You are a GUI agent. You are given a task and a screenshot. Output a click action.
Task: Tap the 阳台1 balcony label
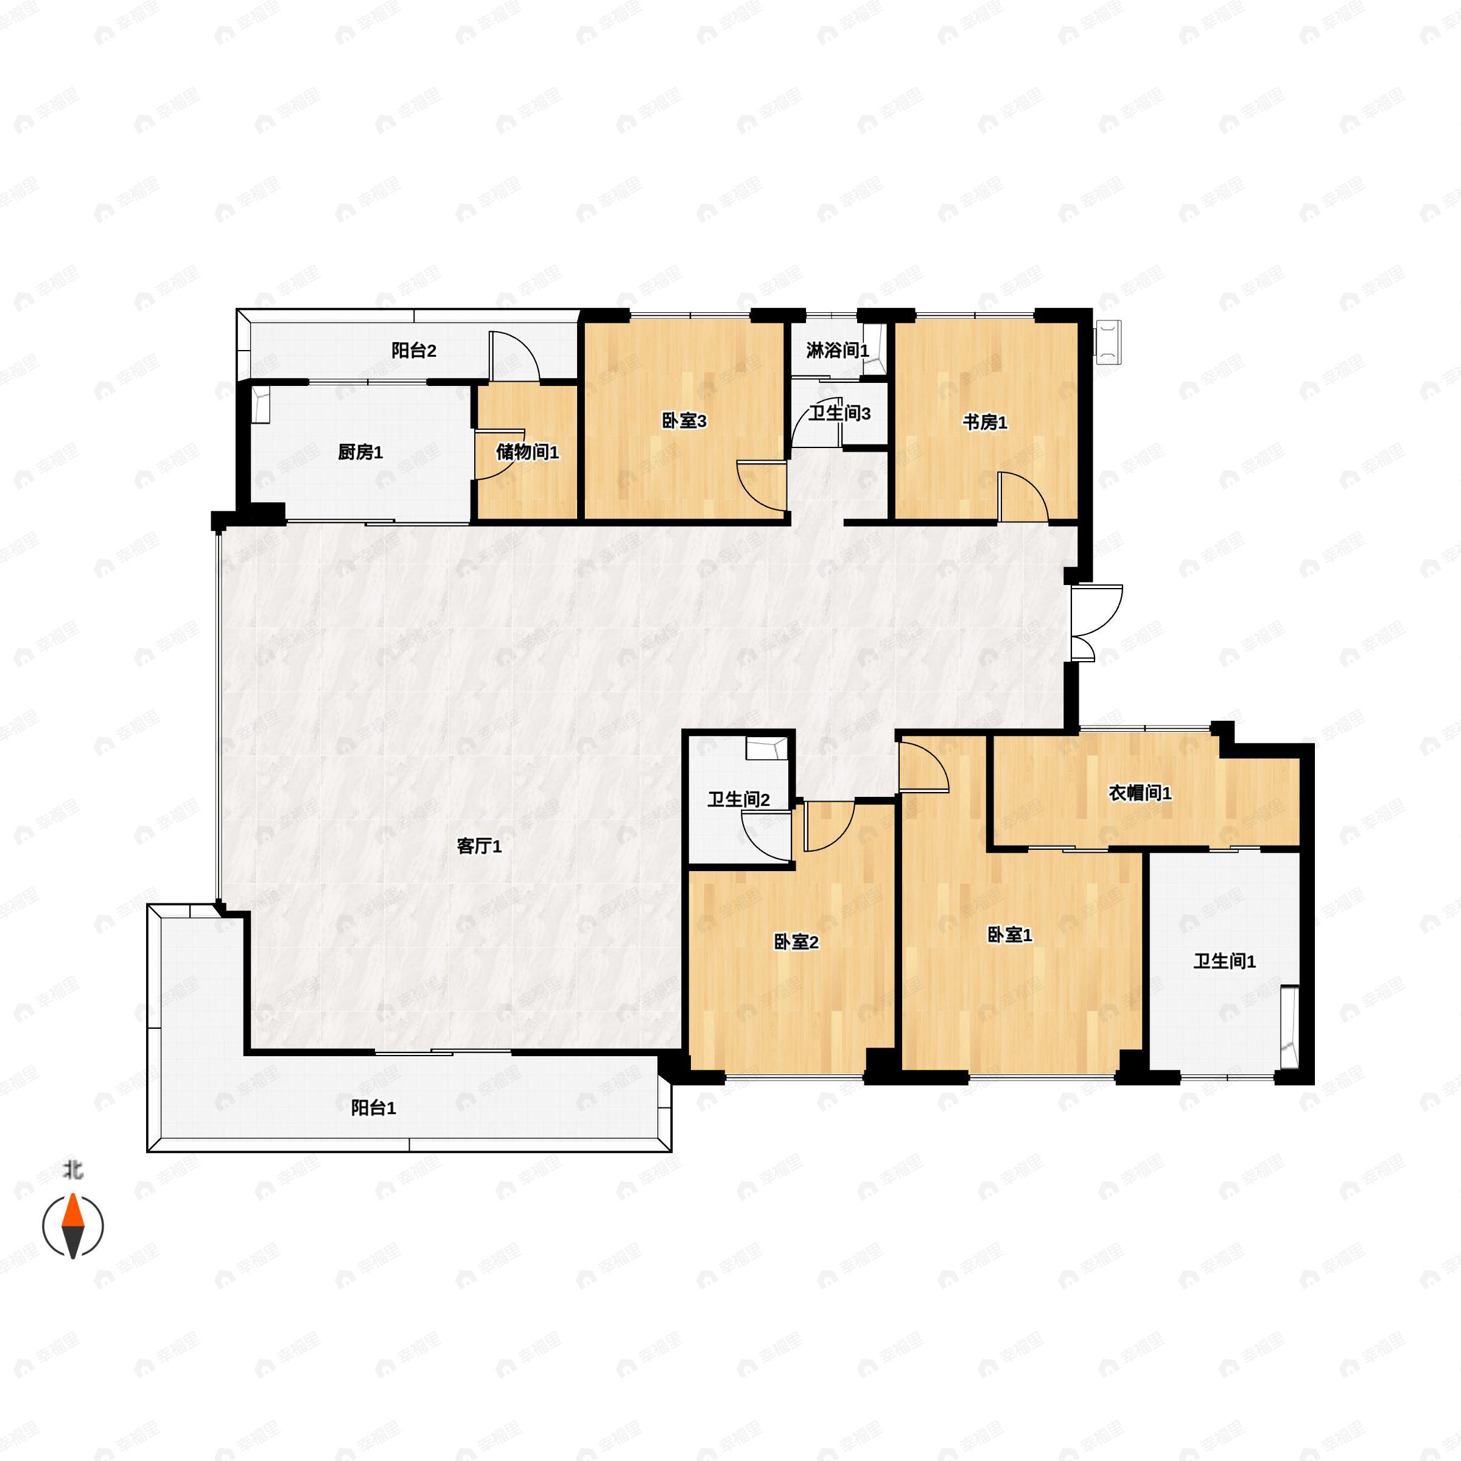374,1108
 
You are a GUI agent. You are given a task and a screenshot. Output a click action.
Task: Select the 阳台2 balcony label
414,350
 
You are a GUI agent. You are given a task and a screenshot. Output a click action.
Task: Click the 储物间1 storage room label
527,452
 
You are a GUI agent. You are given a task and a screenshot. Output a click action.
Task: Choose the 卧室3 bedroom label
684,421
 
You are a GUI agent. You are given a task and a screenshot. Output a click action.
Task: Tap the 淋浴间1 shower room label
837,350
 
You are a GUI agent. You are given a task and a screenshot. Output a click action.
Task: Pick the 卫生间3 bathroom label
839,414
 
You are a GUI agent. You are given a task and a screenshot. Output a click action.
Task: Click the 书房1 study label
984,422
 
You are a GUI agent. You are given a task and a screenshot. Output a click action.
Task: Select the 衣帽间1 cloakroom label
1140,793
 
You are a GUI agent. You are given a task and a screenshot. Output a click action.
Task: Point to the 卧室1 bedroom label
1009,934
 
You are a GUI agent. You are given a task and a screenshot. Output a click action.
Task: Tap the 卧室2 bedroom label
796,942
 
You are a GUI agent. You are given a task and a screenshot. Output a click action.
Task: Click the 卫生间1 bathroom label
1224,961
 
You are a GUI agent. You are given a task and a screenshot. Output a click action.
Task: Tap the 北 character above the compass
72,1171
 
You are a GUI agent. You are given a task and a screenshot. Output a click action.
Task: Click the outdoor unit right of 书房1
1109,342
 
